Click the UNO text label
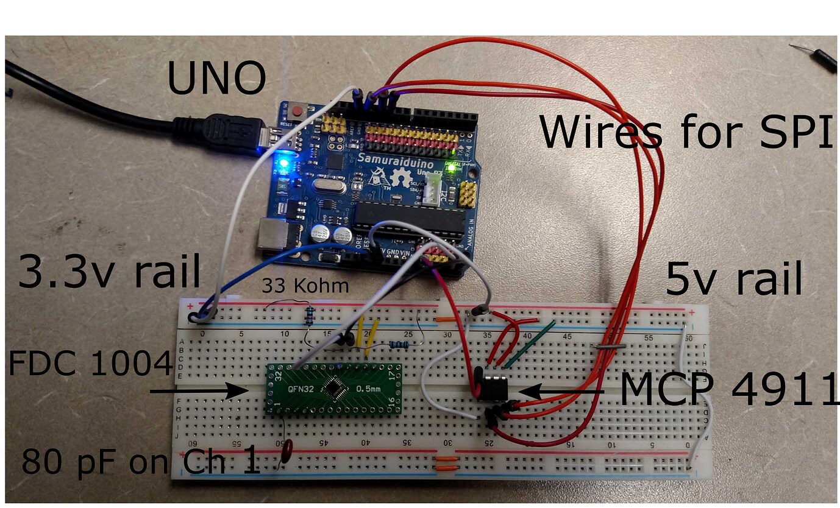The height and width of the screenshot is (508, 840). (x=216, y=79)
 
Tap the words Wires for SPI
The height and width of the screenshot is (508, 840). (x=686, y=132)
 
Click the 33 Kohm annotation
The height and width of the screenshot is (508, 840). (x=305, y=286)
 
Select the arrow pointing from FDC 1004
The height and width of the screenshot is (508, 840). (x=198, y=390)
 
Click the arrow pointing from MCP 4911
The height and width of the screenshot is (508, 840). (x=561, y=391)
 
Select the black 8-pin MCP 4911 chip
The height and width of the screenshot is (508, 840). (x=493, y=388)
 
